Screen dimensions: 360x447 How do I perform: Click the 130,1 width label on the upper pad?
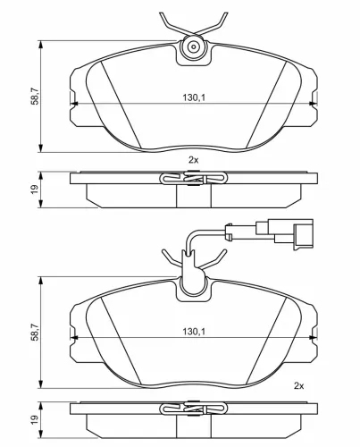[194, 97]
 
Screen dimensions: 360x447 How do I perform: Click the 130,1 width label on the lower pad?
[194, 331]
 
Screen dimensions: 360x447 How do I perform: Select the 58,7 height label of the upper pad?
[35, 96]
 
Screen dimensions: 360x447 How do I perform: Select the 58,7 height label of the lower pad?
[35, 332]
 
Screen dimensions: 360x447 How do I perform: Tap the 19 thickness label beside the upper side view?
[35, 190]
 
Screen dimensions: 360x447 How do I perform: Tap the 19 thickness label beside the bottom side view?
[35, 419]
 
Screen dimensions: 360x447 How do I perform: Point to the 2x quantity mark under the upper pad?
[193, 160]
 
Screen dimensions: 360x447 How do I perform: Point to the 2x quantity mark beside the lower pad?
[298, 386]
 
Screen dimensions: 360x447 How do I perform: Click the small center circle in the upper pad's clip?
[194, 46]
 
